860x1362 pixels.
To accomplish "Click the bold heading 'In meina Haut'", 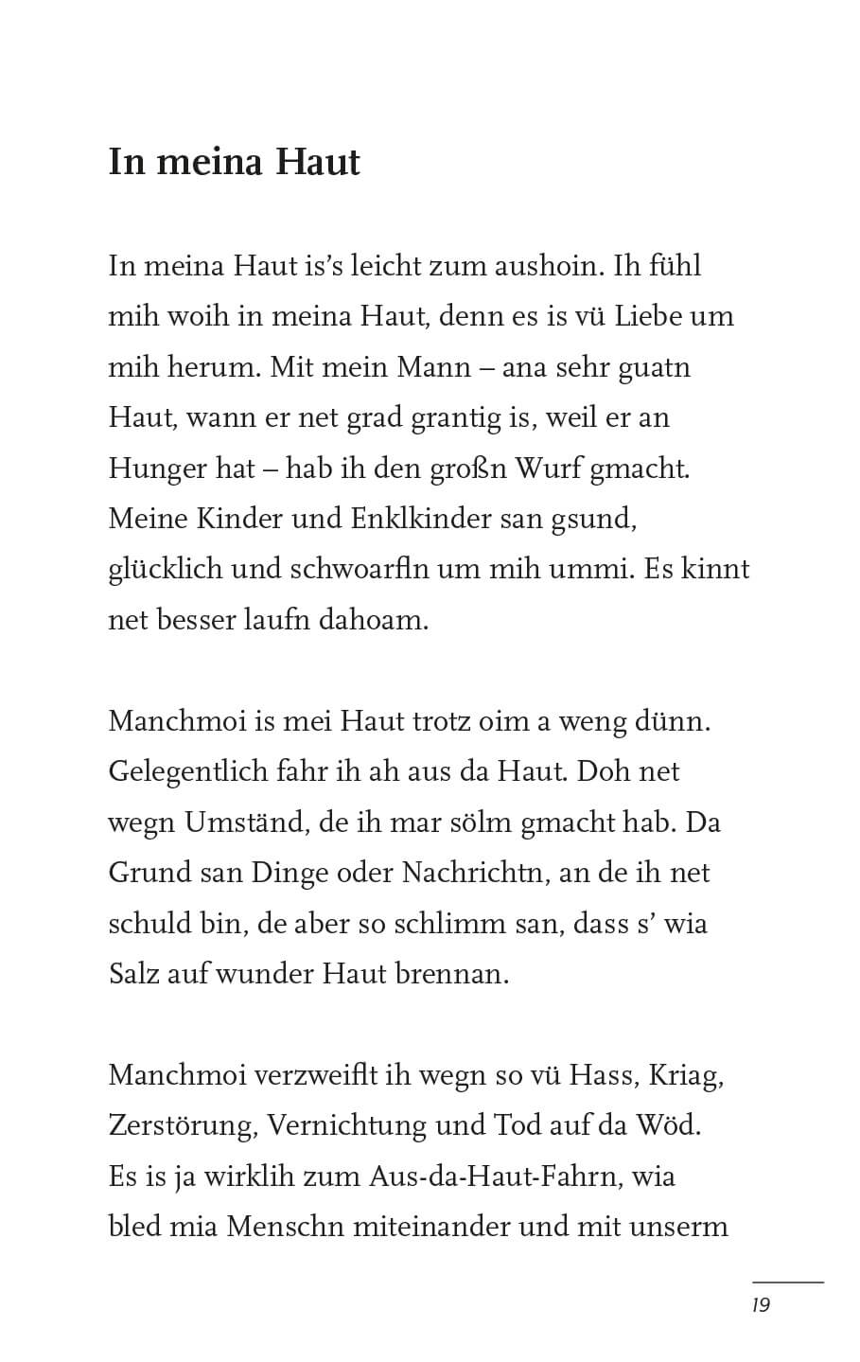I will (234, 162).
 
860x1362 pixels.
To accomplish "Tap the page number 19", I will (761, 1305).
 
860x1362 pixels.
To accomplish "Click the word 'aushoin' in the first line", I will (546, 265).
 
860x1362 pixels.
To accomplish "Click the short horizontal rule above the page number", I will (787, 1282).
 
